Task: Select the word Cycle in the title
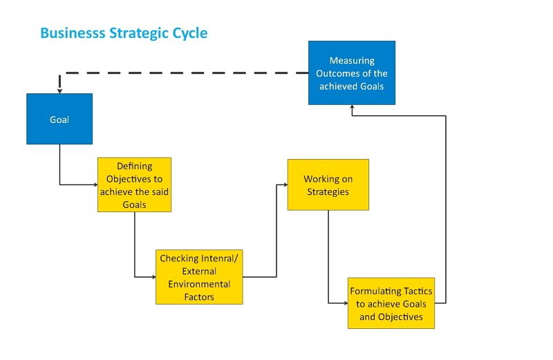[x=188, y=32]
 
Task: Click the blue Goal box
[x=59, y=119]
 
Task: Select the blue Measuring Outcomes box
[x=351, y=73]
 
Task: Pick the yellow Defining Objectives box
[x=134, y=184]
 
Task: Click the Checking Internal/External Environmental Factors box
[x=199, y=277]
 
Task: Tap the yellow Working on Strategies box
[x=328, y=184]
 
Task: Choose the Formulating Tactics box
[x=391, y=303]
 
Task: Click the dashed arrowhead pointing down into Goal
[x=59, y=89]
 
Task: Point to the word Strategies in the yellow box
[x=328, y=191]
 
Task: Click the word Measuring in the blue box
[x=351, y=61]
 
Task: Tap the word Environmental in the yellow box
[x=199, y=284]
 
